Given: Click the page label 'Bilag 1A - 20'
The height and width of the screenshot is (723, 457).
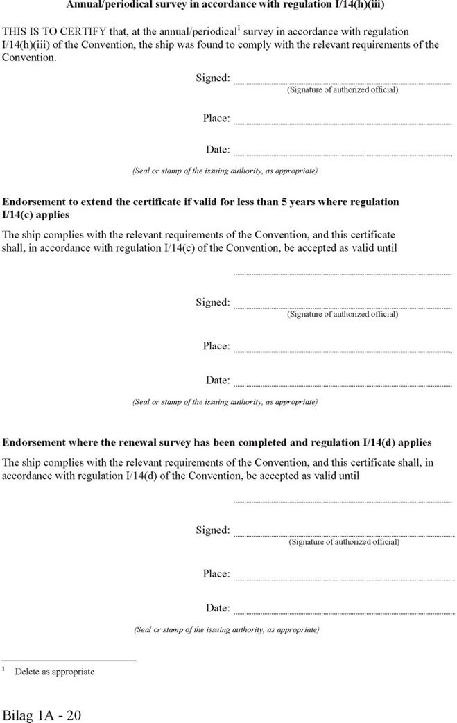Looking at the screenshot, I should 42,715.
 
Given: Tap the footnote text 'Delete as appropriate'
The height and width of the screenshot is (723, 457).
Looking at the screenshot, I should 55,672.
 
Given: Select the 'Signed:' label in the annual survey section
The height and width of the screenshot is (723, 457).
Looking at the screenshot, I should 212,78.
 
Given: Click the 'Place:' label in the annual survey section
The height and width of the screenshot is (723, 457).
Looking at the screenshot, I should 216,118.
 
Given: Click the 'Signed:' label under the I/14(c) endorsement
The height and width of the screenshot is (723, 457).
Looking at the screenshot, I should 212,302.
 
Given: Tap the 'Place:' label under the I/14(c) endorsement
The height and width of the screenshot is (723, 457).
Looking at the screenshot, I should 216,346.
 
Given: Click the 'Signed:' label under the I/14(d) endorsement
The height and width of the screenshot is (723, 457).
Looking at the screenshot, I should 212,530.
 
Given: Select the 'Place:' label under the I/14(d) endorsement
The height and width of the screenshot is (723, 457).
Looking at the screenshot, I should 216,574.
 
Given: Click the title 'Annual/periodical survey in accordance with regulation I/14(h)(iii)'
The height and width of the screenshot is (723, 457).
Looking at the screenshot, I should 225,5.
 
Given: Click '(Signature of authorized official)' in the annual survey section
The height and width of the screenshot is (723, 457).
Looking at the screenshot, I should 343,90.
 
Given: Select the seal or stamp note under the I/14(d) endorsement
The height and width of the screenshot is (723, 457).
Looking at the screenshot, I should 227,630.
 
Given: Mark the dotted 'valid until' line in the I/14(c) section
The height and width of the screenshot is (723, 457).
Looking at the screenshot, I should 343,274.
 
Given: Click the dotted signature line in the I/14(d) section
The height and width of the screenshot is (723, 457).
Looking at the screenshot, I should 344,535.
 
